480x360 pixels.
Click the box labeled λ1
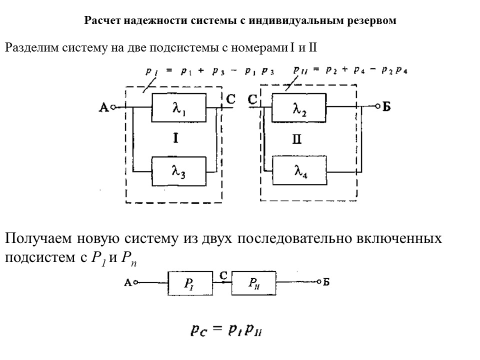[177, 107]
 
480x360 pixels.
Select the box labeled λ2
[299, 107]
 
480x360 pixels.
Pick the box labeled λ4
[299, 171]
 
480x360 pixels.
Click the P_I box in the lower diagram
[189, 284]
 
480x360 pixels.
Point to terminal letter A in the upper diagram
[104, 107]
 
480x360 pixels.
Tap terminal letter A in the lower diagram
[127, 283]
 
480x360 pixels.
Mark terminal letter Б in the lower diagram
[326, 283]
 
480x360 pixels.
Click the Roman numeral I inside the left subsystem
[176, 139]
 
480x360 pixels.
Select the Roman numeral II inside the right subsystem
[297, 139]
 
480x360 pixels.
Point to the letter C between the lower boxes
[223, 274]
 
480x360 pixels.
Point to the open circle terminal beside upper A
[113, 107]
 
